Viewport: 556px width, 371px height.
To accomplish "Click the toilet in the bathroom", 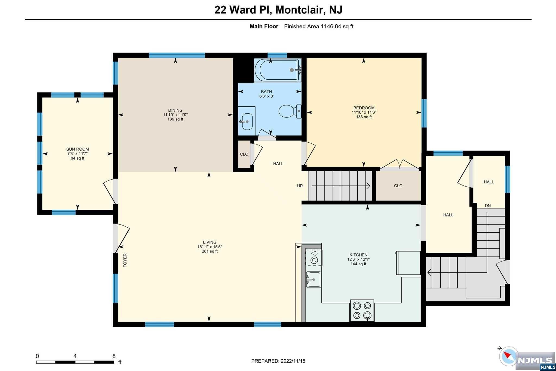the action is click(290, 111).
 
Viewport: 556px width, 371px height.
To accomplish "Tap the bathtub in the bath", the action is click(278, 70).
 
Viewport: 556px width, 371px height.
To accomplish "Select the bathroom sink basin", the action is click(247, 121).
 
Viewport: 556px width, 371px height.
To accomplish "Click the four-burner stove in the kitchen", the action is click(362, 310).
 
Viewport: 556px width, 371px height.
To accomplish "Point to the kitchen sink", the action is click(314, 279).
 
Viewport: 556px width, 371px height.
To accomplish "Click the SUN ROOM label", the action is click(78, 149).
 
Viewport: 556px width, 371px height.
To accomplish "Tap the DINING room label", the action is click(175, 110).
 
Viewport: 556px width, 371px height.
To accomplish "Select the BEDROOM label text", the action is click(364, 108).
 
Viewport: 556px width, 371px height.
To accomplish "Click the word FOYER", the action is click(125, 260).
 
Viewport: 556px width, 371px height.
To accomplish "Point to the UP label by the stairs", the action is click(300, 186).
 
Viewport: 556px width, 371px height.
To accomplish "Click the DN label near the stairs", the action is click(488, 206).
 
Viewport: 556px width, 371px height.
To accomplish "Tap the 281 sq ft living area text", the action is click(210, 251).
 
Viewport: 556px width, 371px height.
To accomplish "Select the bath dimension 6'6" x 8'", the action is click(266, 96).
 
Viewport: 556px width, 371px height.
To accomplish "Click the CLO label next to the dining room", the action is click(244, 154).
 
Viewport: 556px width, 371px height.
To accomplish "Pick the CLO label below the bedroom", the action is click(398, 186).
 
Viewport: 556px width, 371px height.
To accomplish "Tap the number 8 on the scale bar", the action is click(114, 356).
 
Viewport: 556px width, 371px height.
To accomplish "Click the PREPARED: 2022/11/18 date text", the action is click(278, 361).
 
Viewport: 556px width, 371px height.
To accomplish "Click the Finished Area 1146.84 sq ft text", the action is click(319, 26).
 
